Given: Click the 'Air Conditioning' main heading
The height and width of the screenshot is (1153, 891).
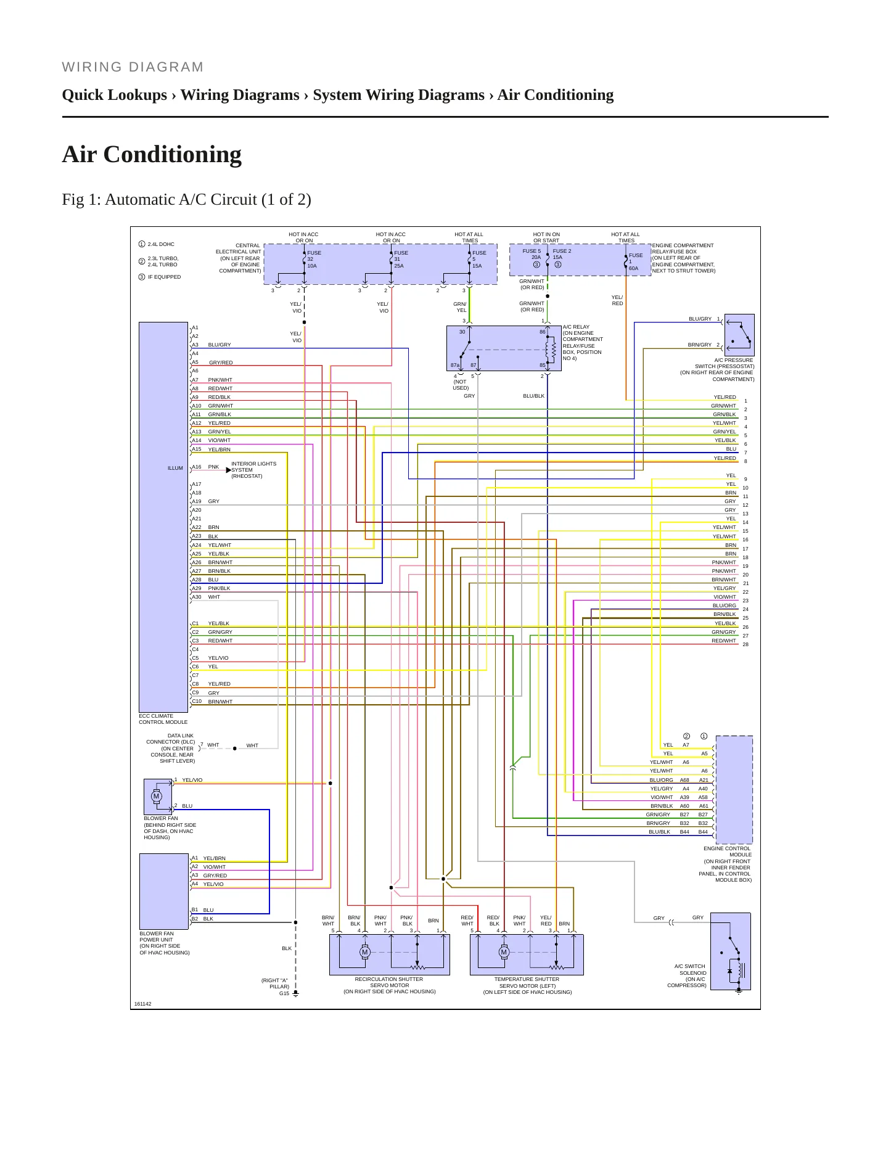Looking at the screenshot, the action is [152, 154].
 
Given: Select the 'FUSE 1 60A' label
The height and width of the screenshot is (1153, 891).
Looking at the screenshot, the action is [635, 261].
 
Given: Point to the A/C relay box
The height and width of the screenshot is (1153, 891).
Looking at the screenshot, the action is [504, 348].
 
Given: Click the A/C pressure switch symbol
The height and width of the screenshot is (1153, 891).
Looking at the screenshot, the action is [739, 335].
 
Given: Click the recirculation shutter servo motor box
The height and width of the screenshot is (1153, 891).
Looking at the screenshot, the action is [389, 954].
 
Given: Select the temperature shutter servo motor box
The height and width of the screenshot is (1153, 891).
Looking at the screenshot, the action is [527, 954].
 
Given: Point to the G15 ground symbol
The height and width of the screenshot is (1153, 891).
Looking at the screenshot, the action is [295, 994].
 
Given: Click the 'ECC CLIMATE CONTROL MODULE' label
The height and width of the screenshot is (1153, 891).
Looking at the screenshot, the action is [163, 719].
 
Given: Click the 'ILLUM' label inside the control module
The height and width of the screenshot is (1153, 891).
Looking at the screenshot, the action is [175, 468].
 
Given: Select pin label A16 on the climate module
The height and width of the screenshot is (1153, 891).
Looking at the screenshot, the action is [197, 467].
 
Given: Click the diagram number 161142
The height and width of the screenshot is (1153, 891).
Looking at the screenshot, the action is [142, 1004].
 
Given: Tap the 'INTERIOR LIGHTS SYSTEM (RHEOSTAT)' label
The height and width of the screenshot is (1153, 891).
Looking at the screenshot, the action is [254, 470].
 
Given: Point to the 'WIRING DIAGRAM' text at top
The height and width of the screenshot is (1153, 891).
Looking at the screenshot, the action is [133, 67].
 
